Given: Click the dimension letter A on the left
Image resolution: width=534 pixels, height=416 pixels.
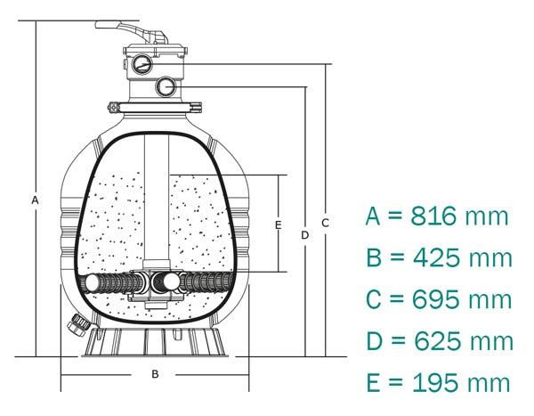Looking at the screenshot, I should (34, 200).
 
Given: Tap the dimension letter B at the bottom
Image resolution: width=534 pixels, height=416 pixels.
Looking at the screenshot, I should (154, 374).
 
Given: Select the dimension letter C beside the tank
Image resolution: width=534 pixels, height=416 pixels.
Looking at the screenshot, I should (326, 223).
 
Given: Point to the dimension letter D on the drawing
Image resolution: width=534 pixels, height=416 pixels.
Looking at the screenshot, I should (304, 234).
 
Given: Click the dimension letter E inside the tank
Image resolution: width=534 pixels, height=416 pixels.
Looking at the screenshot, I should (278, 225).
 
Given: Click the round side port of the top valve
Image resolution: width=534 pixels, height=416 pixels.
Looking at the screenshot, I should (166, 86).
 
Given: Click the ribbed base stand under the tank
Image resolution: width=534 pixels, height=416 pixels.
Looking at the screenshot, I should (154, 344).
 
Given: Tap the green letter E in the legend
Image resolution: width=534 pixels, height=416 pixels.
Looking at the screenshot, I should (374, 383).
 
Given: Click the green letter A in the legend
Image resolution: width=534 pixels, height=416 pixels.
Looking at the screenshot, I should (375, 216).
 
